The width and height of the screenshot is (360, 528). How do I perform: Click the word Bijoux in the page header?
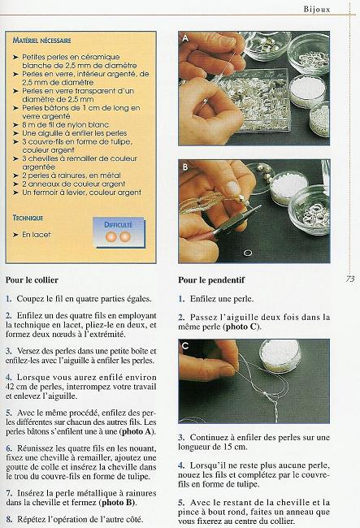(x=333, y=11)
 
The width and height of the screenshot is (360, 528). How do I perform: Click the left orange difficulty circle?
(x=112, y=237)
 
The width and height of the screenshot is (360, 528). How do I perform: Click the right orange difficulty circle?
(x=125, y=237)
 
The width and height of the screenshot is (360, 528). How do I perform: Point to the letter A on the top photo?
(x=185, y=38)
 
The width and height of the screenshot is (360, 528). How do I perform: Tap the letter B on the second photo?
(x=185, y=168)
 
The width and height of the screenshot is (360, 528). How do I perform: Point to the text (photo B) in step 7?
(x=120, y=501)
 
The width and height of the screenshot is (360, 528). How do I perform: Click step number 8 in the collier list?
(x=8, y=518)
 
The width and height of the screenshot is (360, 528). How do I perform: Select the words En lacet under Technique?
(x=36, y=235)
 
